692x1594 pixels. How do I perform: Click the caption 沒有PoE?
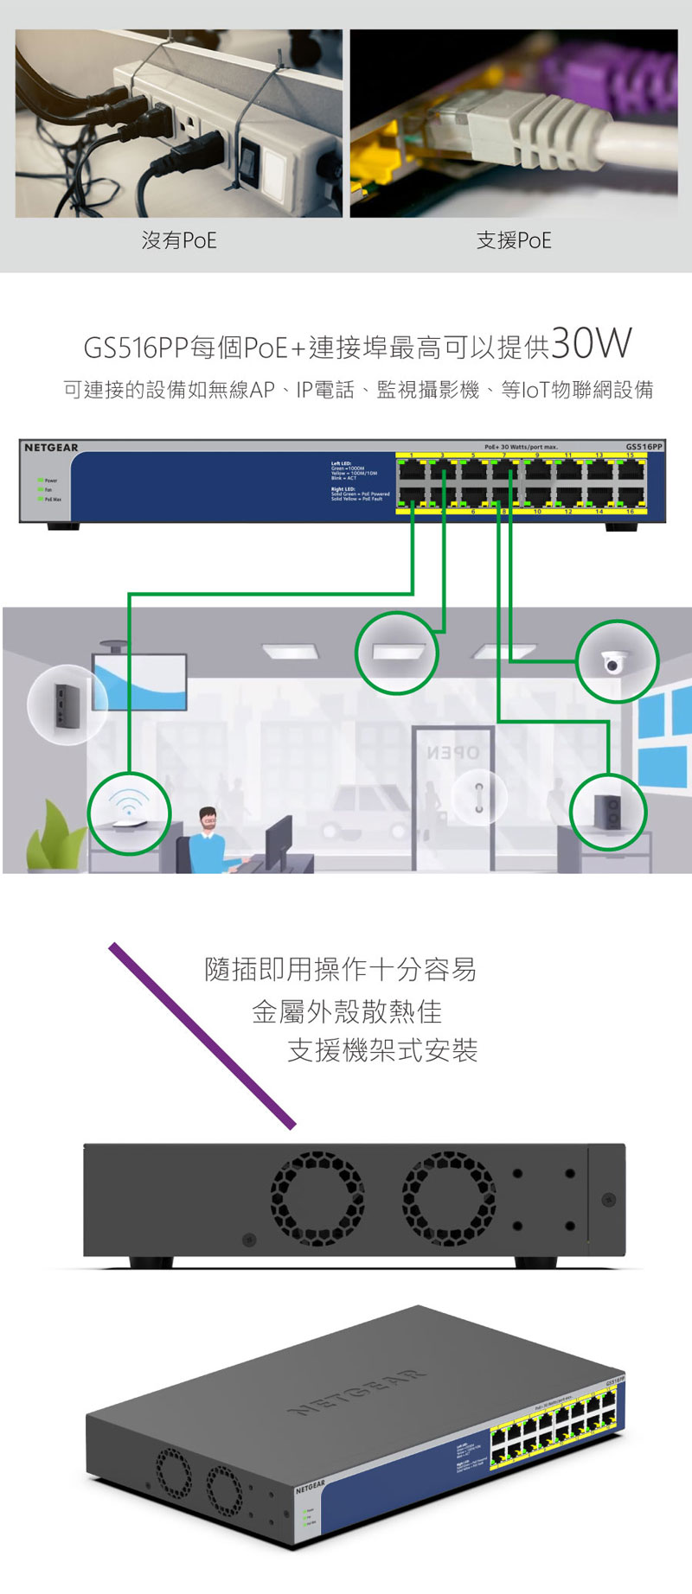coord(179,240)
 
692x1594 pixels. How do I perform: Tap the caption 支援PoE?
coord(514,240)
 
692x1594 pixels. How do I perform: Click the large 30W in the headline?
coord(592,344)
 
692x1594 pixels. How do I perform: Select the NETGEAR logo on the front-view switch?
coord(51,448)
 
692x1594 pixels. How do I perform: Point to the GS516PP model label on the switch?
coord(644,447)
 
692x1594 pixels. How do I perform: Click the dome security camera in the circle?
coord(617,661)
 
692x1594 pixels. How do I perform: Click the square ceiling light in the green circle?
coord(397,652)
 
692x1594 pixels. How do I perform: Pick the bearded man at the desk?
coord(208,838)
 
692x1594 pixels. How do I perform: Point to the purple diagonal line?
coord(202,1036)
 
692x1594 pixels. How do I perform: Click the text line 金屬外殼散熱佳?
coord(346,1011)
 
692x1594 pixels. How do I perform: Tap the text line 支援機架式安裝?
coord(382,1050)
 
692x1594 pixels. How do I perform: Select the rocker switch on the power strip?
coord(250,161)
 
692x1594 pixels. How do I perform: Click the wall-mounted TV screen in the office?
coord(139,682)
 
